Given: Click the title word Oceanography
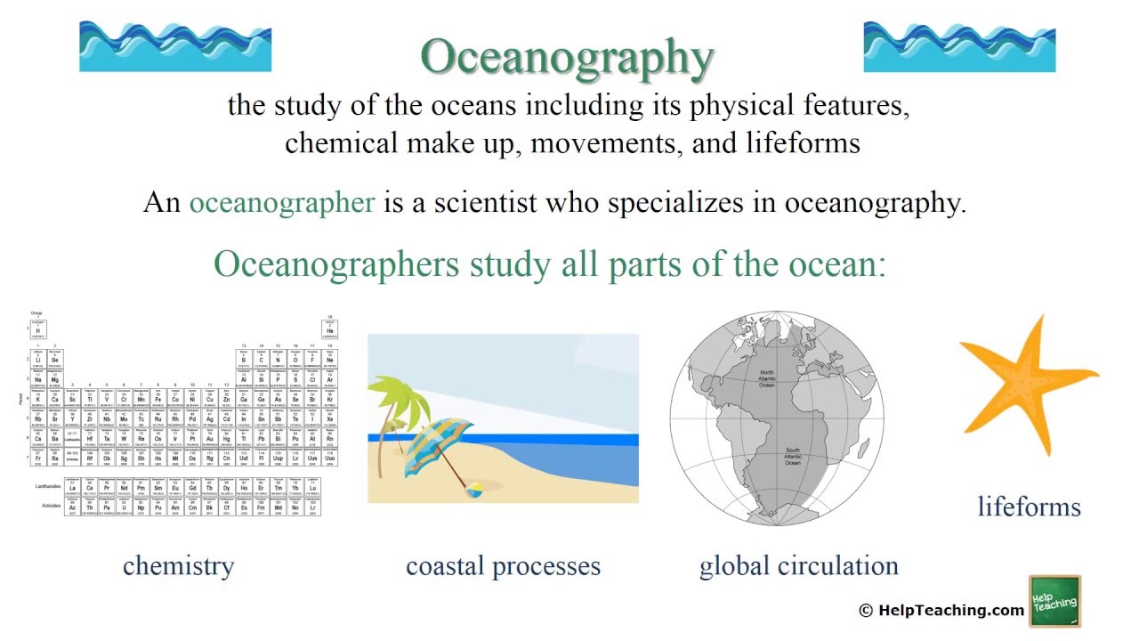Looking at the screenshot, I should tap(567, 57).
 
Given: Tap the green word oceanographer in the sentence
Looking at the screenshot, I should tap(281, 202).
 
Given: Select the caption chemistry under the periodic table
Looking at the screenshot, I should tap(178, 565).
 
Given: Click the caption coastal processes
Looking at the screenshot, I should tap(503, 566).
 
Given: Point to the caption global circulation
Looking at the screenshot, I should tap(798, 566).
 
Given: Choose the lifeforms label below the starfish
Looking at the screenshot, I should tap(1029, 507).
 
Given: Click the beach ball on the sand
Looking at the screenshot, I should tap(473, 489).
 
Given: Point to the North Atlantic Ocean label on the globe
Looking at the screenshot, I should tap(767, 378).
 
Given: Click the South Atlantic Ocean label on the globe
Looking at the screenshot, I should tap(792, 457).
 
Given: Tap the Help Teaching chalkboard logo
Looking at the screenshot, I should tap(1054, 602).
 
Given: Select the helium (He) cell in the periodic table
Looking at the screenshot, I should tap(329, 330).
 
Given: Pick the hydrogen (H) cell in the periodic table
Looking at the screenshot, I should tap(37, 330).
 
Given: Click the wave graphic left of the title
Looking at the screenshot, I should tap(175, 46).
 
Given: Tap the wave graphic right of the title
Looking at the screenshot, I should tap(959, 46).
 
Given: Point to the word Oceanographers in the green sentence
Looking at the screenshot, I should tap(336, 264).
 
